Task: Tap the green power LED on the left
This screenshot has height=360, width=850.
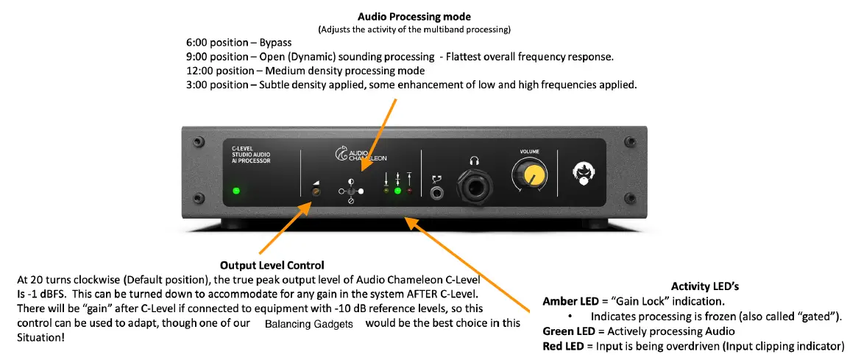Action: [235, 191]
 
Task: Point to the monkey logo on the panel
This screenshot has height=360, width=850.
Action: [584, 173]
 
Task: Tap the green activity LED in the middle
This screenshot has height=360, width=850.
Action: [398, 191]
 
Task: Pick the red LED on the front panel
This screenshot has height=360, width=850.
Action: [408, 191]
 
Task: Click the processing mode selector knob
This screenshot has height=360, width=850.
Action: [350, 191]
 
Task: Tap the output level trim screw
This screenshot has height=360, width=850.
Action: [316, 192]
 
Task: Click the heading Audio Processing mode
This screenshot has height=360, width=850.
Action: [414, 16]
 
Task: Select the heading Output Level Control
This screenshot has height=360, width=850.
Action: [272, 265]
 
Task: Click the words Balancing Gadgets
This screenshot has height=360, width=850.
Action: [309, 324]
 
